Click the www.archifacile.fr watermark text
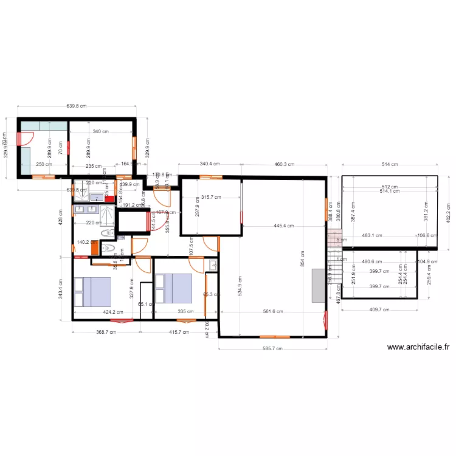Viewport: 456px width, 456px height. pos(418,348)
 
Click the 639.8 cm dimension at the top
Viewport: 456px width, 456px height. pos(76,106)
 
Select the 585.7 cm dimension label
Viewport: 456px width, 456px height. pos(271,349)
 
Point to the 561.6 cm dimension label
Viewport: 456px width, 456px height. pos(273,311)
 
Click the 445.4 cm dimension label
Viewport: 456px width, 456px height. pos(283,226)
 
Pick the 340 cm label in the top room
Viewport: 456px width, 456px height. pos(101,131)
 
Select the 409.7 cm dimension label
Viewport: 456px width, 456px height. pos(379,309)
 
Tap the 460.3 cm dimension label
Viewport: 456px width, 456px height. pos(284,164)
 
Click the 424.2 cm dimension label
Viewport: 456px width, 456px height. pos(113,313)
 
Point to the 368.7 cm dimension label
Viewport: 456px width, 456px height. pos(106,332)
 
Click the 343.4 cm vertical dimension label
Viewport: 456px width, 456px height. pos(60,288)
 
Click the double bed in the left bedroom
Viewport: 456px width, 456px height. pos(92,292)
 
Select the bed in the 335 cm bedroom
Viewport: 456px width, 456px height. pos(174,288)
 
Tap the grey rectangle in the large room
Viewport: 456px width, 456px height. pos(318,286)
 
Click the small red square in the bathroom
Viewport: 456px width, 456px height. pos(108,198)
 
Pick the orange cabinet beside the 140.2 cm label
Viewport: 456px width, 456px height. pos(94,247)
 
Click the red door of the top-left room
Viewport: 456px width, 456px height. pos(19,139)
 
